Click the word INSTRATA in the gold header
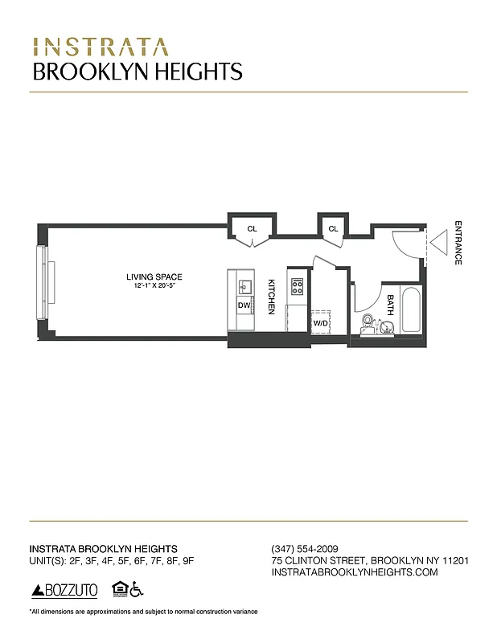pyautogui.click(x=101, y=44)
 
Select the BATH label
pyautogui.click(x=390, y=303)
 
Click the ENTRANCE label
pyautogui.click(x=458, y=243)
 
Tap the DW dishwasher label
pyautogui.click(x=243, y=305)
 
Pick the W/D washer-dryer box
pyautogui.click(x=321, y=321)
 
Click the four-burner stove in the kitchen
pyautogui.click(x=298, y=286)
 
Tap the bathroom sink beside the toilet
pyautogui.click(x=387, y=326)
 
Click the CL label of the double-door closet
pyautogui.click(x=252, y=229)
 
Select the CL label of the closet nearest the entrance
pyautogui.click(x=332, y=229)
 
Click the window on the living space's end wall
pyautogui.click(x=40, y=282)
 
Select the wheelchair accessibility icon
pyautogui.click(x=137, y=590)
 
